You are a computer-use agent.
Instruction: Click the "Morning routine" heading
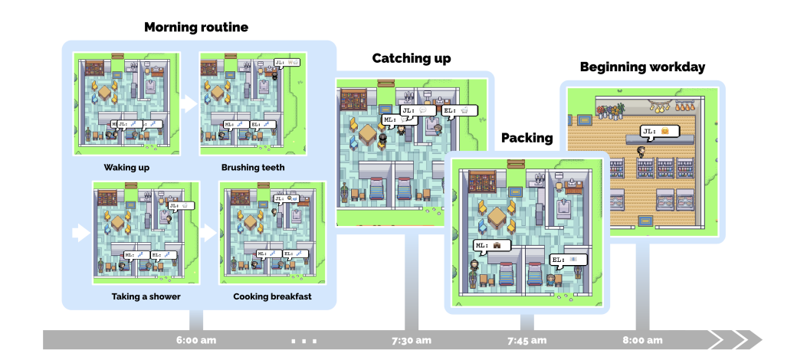pyautogui.click(x=196, y=28)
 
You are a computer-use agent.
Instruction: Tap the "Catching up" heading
pyautogui.click(x=412, y=58)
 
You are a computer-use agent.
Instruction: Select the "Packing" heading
pyautogui.click(x=527, y=138)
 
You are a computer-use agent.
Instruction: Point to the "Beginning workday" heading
pyautogui.click(x=642, y=67)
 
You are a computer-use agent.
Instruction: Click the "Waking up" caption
pyautogui.click(x=127, y=166)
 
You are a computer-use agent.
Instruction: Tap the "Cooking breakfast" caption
pyautogui.click(x=271, y=296)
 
